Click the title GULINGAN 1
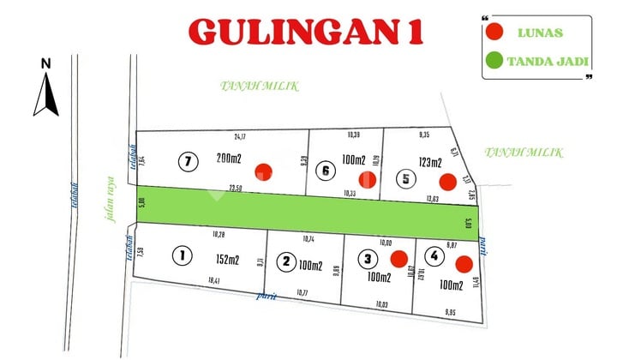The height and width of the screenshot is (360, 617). click(x=306, y=33)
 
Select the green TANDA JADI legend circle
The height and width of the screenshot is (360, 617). click(x=494, y=61)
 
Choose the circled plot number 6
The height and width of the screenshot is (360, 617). click(x=325, y=171)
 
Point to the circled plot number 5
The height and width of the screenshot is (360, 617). click(x=404, y=178)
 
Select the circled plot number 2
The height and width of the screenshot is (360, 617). click(x=288, y=261)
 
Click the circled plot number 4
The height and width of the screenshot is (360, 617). click(x=435, y=255)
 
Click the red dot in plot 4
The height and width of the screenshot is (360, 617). click(x=464, y=263)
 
